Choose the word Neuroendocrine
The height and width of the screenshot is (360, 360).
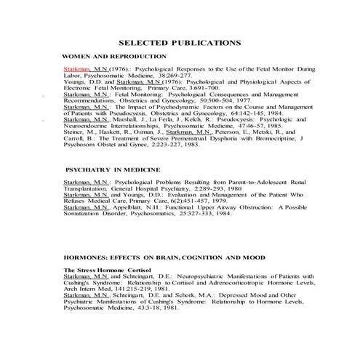point(87,127)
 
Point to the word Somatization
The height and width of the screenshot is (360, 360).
point(84,215)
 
